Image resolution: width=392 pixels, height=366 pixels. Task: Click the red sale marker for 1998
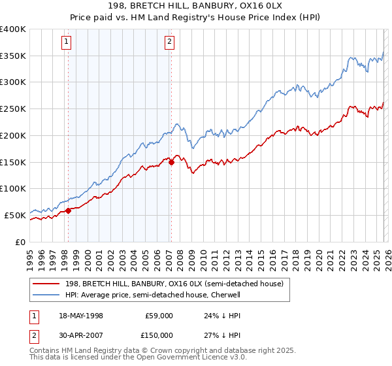coord(68,210)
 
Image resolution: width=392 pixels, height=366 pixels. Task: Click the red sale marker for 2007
coord(171,162)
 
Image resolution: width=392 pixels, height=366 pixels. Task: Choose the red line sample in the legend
coord(46,284)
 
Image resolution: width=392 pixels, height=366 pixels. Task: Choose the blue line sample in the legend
coord(46,295)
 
